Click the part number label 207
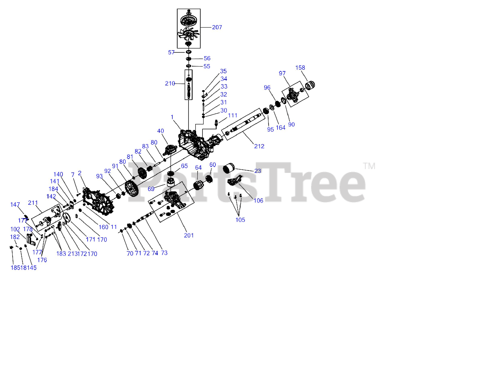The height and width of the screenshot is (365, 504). pos(217,28)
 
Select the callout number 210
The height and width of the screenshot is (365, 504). pos(170,83)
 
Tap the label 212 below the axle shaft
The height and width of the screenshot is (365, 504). pos(259,146)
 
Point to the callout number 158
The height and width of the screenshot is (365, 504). pos(300,68)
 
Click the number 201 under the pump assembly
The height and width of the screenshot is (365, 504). pos(189,235)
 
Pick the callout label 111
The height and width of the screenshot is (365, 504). pos(233,115)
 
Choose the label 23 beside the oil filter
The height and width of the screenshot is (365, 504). pos(258,171)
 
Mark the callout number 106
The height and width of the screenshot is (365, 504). pos(258,201)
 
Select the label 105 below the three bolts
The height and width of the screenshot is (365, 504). pos(240,220)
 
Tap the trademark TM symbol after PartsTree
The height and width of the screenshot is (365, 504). pos(369,166)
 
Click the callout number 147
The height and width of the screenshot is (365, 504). pos(15,205)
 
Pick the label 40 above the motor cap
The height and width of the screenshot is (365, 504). pos(160,131)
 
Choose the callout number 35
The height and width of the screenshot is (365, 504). pos(223,71)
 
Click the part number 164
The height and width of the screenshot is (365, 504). pos(280,128)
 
